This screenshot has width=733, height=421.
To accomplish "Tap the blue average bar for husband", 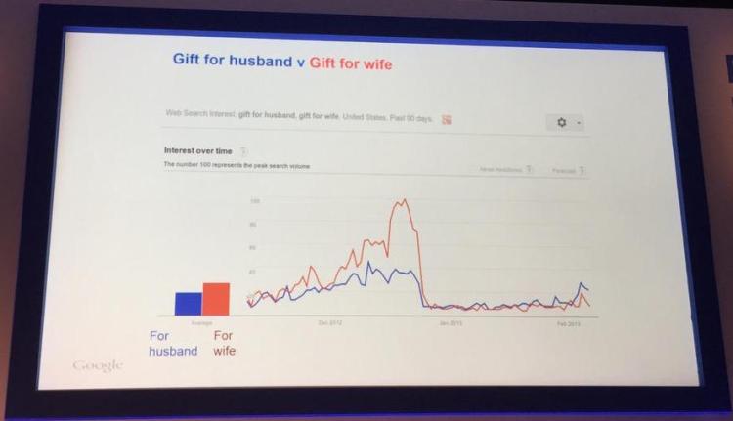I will [188, 303].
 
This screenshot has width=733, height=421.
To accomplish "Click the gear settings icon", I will [561, 122].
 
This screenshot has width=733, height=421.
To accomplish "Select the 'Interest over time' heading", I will [199, 150].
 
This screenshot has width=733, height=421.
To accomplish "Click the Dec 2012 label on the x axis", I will [330, 322].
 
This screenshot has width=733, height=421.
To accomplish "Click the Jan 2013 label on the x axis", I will [451, 323].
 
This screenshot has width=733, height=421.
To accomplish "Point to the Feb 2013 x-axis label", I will [568, 324].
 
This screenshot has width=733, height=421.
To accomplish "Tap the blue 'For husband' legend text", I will [173, 343].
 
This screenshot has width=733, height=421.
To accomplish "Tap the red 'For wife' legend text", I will [223, 343].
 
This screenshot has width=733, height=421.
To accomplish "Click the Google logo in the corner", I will [98, 365].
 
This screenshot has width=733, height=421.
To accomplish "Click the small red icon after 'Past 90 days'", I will [446, 119].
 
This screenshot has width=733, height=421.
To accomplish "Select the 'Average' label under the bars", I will [201, 322].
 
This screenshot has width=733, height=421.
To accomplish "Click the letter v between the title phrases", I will [300, 63].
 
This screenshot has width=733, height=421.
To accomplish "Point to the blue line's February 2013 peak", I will [582, 284].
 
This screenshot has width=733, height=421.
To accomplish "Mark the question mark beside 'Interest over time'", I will [242, 151].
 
